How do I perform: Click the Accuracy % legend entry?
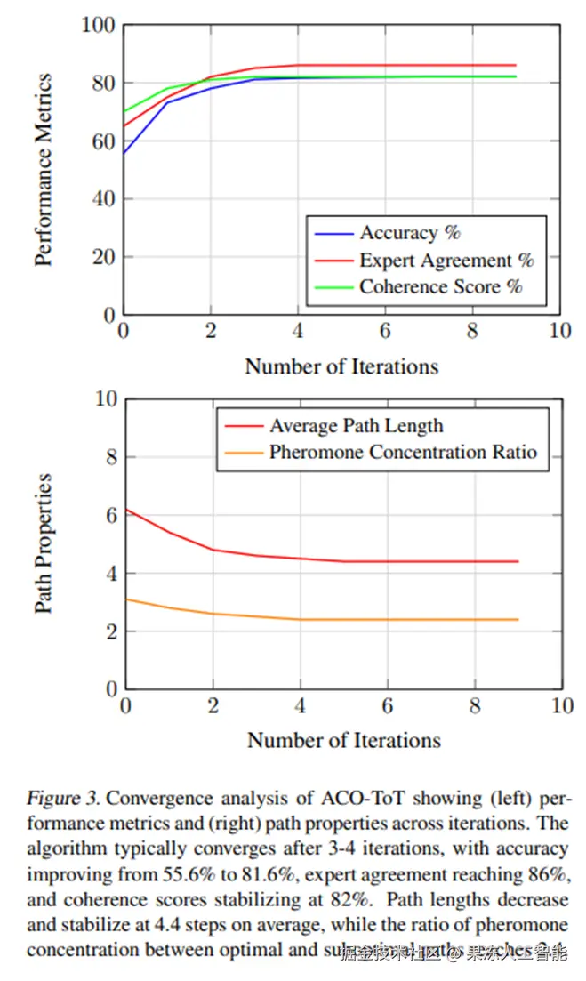click(410, 234)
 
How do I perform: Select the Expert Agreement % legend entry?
click(446, 261)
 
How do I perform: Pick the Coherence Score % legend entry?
click(440, 287)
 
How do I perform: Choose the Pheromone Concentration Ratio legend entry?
click(403, 452)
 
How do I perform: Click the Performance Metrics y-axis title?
click(44, 170)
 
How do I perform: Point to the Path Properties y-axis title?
click(44, 543)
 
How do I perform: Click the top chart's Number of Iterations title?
click(341, 366)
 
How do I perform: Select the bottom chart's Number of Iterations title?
click(343, 740)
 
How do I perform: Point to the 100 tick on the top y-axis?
click(99, 26)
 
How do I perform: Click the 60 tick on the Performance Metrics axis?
click(105, 141)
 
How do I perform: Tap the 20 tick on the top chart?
click(105, 257)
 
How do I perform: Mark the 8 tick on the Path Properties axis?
click(110, 457)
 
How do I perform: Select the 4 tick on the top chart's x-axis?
click(298, 331)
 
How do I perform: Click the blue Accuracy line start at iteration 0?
click(124, 153)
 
